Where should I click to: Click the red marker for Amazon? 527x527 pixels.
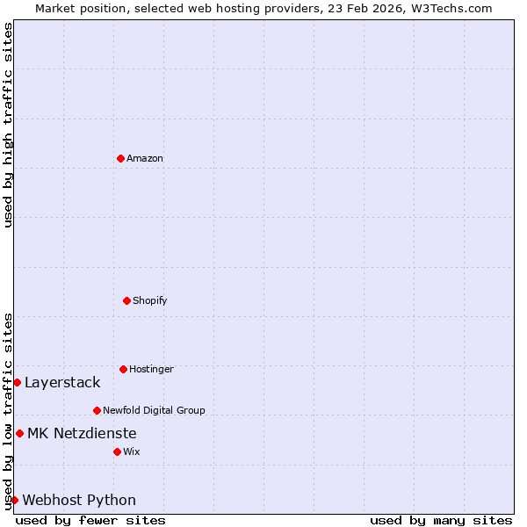120,158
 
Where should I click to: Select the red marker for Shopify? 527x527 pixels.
126,300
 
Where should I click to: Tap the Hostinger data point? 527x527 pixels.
123,369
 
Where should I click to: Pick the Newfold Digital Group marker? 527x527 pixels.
97,410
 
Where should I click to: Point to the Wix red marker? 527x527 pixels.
117,451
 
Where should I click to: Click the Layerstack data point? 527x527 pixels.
17,382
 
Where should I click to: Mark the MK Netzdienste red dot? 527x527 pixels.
19,433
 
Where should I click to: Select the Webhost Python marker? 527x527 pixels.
14,500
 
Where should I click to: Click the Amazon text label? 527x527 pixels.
145,158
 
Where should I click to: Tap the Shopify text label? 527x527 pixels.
150,300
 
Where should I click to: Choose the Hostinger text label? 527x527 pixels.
151,369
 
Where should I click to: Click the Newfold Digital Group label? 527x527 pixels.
154,410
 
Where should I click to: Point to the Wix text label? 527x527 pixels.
132,451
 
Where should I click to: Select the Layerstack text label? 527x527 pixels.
62,382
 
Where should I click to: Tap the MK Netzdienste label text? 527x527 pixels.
82,433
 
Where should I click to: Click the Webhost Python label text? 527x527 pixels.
79,500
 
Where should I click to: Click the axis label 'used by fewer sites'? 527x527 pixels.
90,520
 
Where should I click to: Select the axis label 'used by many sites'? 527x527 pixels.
441,520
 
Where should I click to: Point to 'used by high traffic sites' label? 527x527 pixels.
8,125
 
